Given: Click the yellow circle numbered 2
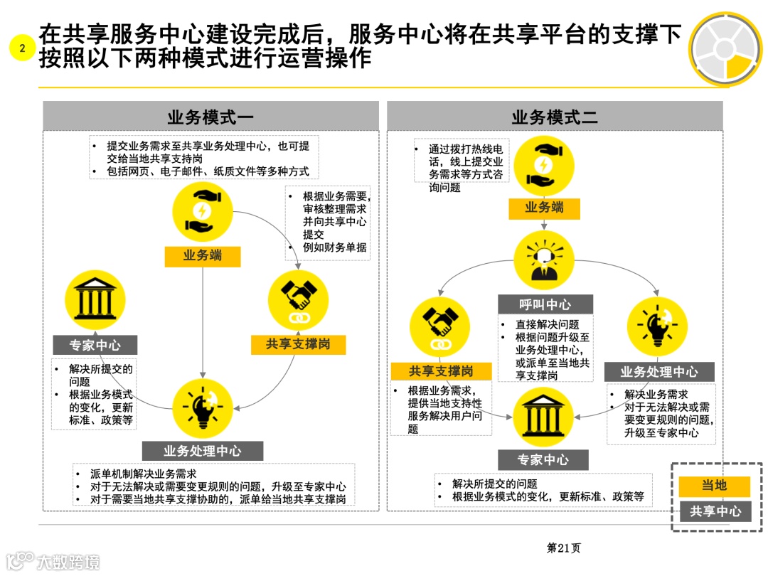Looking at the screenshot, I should (x=22, y=48).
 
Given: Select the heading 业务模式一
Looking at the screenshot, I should (x=210, y=117).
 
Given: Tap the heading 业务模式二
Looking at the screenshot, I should (x=555, y=117).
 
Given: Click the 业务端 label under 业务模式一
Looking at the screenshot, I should (x=203, y=255).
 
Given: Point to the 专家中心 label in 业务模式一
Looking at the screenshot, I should (x=95, y=346).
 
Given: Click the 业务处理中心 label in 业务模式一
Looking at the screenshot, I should (x=203, y=451).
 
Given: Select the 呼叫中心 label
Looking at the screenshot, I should (x=545, y=304).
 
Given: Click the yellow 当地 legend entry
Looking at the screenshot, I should (x=715, y=486).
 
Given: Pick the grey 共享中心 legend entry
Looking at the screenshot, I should (x=715, y=511).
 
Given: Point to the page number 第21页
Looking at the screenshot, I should (x=563, y=548).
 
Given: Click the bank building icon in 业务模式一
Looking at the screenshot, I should (x=94, y=299).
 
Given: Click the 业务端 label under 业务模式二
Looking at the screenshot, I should (x=545, y=208).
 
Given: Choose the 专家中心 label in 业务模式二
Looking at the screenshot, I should (x=543, y=459).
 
